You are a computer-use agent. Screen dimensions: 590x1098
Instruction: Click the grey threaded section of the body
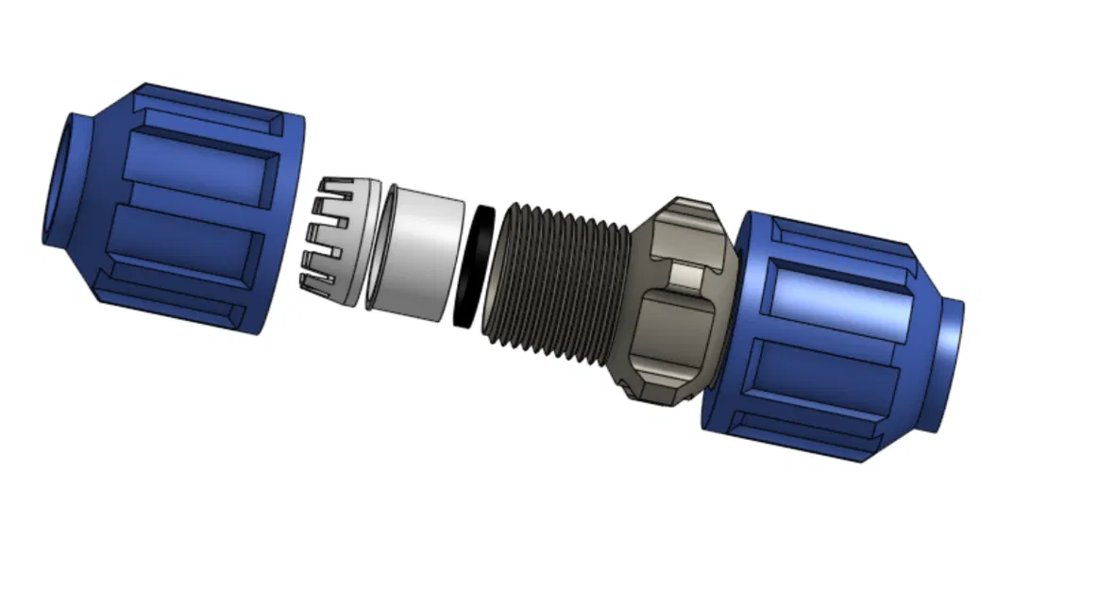(x=557, y=274)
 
